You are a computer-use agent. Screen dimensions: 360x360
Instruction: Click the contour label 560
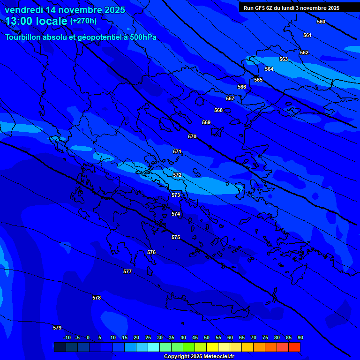(x=321, y=22)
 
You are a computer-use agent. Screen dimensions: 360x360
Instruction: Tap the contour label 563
(x=284, y=59)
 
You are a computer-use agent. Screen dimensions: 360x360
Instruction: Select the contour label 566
(x=242, y=87)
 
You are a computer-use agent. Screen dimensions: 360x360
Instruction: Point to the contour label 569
(x=206, y=122)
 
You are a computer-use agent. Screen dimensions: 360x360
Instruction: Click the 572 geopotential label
(x=177, y=175)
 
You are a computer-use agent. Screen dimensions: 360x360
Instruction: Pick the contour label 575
(x=176, y=237)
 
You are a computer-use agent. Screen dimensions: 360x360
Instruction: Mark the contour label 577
(x=127, y=271)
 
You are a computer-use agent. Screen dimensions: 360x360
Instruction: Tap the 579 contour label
(x=57, y=328)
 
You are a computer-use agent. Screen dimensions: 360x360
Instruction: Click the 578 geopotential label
(x=97, y=298)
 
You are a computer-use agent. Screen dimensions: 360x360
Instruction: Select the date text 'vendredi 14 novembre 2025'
(x=65, y=10)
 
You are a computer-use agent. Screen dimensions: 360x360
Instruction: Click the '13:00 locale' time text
(x=36, y=21)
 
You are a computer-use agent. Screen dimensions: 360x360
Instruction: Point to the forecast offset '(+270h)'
(x=83, y=21)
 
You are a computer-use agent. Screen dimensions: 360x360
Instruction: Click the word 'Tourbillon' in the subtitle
(x=23, y=37)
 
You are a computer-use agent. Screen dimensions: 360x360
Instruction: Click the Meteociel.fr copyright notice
(x=199, y=357)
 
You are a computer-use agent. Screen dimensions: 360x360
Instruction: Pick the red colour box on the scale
(x=294, y=347)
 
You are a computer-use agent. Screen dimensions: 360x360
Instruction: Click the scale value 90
(x=300, y=337)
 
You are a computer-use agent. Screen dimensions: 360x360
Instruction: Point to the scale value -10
(x=67, y=337)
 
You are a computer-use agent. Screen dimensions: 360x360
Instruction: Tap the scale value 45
(x=195, y=337)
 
